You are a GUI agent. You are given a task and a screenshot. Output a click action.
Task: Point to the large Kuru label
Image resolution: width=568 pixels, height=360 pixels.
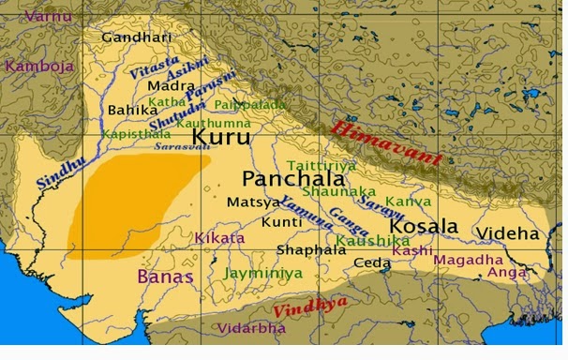click(221, 137)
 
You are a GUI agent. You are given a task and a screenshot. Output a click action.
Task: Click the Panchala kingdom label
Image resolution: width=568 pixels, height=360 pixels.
click(285, 178)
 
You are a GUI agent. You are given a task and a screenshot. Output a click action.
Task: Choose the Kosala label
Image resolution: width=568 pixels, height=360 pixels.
click(424, 226)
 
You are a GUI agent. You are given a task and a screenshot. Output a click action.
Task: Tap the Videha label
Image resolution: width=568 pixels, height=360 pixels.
click(507, 233)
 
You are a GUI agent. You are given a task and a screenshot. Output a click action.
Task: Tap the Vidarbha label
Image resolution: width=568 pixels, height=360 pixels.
click(252, 328)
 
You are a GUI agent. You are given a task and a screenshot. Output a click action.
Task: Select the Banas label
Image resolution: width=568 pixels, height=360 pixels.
click(165, 277)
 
